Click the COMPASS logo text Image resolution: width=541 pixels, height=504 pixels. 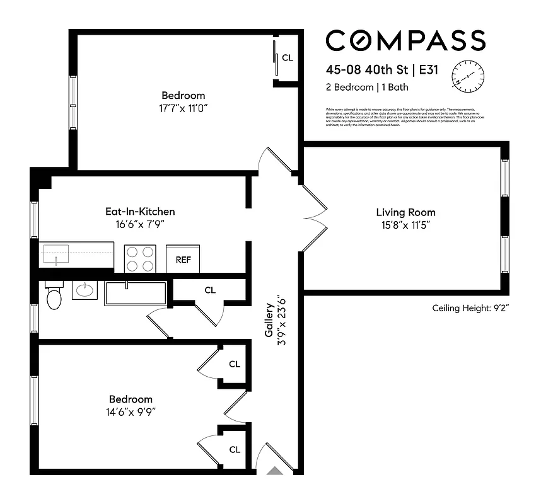(405, 41)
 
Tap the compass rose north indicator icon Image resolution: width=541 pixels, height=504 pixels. (467, 74)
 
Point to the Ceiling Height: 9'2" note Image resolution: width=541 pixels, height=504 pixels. (470, 308)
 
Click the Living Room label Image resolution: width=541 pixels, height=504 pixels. (405, 212)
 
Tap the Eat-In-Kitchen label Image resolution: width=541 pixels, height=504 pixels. (140, 212)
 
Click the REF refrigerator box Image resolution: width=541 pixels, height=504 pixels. (183, 259)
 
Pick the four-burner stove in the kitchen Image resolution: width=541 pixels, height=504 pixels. (140, 258)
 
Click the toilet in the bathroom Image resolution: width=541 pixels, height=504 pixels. (54, 297)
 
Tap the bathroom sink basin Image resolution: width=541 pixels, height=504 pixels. (84, 290)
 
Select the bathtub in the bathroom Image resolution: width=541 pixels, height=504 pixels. (136, 293)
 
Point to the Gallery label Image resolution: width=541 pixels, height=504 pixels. (269, 321)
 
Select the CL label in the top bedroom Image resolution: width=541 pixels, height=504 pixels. (288, 58)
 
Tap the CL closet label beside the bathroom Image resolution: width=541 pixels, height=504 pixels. (210, 290)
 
